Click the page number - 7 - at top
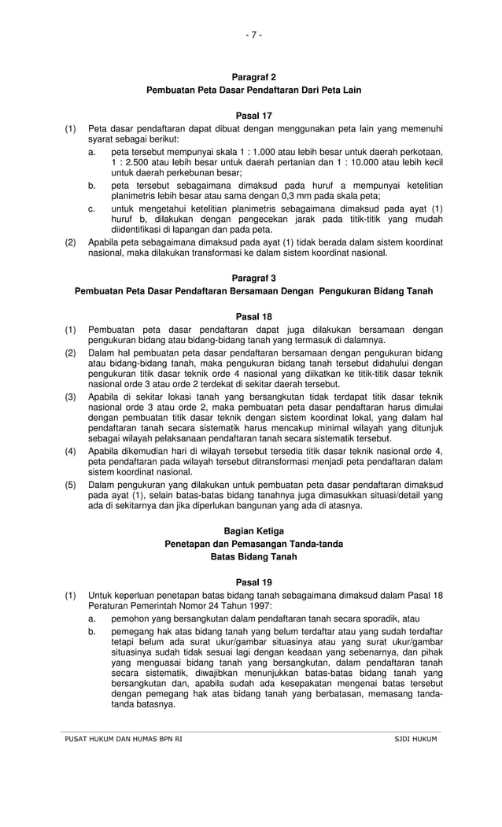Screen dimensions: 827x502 pos(253,35)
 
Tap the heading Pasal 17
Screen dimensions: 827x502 pos(253,116)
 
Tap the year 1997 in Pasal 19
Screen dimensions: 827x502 pos(258,606)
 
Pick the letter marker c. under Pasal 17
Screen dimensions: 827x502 pos(92,208)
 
